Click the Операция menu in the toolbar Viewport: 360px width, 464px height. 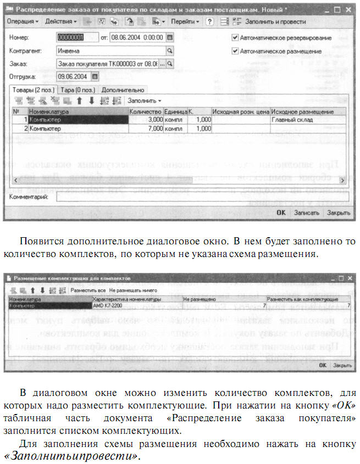point(22,21)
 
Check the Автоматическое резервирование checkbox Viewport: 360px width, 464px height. point(235,38)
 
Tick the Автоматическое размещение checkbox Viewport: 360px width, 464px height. point(235,51)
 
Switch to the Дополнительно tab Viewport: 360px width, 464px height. point(123,90)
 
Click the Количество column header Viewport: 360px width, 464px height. point(145,111)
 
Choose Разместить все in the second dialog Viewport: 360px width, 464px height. point(87,290)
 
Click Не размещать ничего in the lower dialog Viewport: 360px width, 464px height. point(132,290)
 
